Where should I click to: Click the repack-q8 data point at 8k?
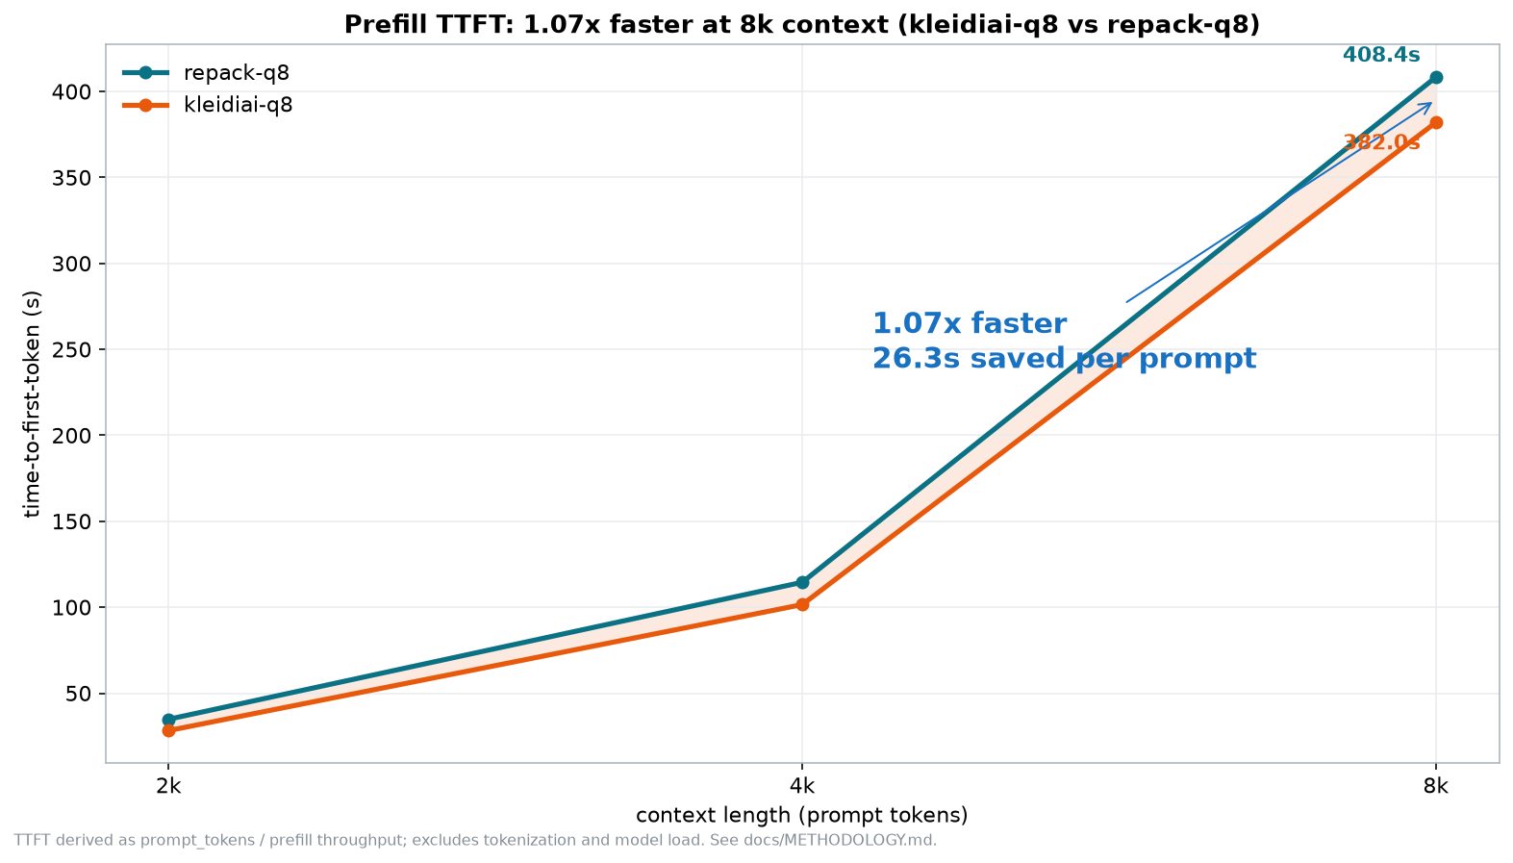(1436, 78)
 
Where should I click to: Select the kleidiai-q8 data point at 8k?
(1436, 123)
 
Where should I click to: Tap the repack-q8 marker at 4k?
(802, 582)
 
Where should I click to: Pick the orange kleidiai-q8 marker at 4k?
(802, 605)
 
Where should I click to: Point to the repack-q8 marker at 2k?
(169, 721)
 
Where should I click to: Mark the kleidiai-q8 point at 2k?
(169, 730)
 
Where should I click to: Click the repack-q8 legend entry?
(206, 73)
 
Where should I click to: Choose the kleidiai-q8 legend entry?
(208, 106)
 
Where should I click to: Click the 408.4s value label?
(1381, 55)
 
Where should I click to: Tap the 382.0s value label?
(1381, 142)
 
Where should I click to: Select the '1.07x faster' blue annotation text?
(970, 323)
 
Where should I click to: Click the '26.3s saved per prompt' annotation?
(1065, 359)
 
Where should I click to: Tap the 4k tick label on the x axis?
(802, 786)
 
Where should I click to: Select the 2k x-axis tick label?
(169, 786)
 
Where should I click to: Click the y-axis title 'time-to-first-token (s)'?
(32, 404)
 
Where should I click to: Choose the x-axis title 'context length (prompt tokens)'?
(802, 816)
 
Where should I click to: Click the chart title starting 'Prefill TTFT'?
(802, 25)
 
